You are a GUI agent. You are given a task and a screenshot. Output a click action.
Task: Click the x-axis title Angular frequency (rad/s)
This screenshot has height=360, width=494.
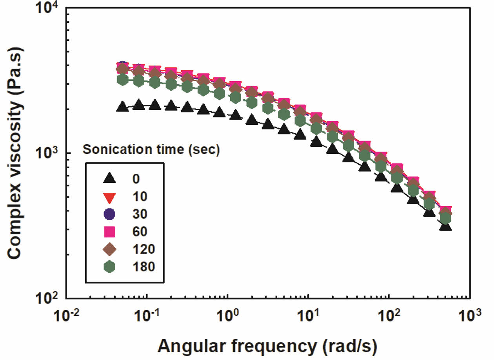[x=268, y=346]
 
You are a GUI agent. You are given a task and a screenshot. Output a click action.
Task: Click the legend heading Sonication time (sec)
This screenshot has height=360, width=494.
[x=151, y=150]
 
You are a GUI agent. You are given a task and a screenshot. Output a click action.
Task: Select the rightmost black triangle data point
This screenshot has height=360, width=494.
[x=445, y=226]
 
